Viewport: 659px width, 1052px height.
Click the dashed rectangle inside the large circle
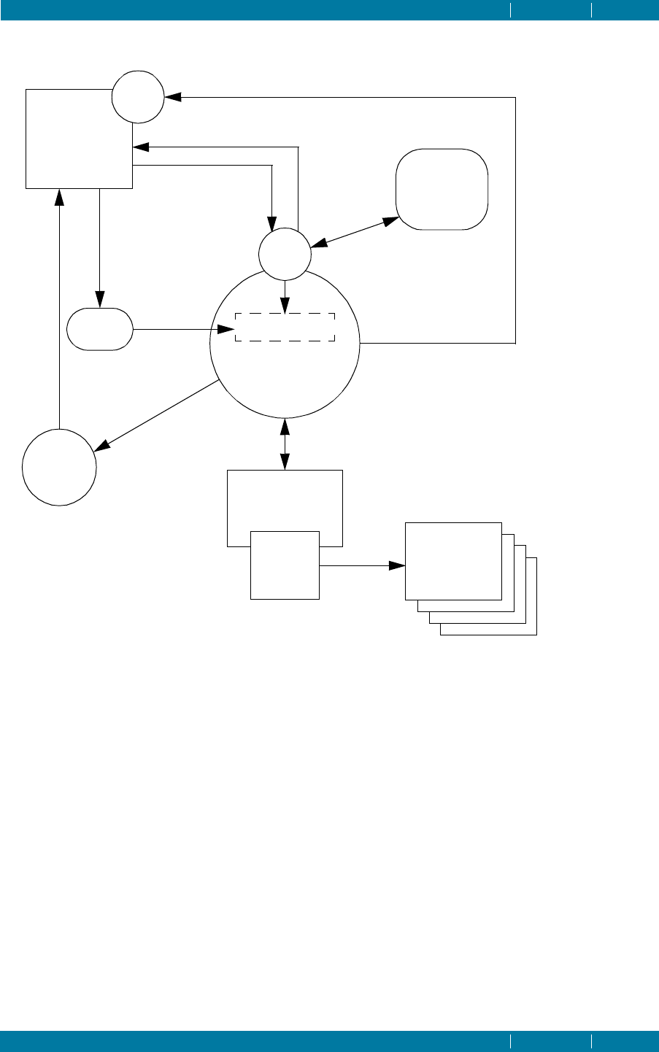pos(285,328)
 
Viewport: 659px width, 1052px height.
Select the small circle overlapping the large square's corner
pos(138,97)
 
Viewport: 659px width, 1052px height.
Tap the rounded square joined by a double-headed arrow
pos(442,190)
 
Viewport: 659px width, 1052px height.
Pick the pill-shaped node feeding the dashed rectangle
pos(100,329)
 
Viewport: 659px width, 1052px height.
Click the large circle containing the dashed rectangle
pos(285,379)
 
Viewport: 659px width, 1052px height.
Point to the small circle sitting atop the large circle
pos(285,253)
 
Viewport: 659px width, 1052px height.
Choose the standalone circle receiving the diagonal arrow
pos(59,468)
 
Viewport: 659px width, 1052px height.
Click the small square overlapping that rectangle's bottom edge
pos(285,565)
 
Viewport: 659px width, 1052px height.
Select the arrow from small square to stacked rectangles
pos(362,565)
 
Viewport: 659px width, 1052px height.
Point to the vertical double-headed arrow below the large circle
pos(285,442)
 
